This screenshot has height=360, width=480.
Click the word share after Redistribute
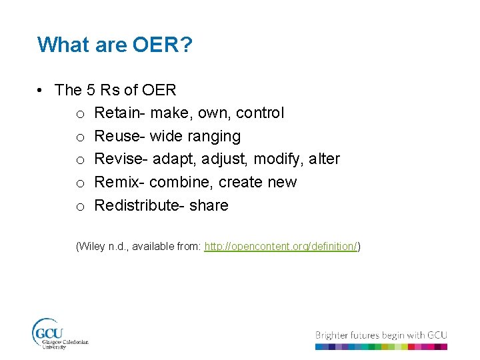209,205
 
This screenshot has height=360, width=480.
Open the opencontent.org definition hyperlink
281,247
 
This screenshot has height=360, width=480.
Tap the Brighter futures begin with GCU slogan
381,335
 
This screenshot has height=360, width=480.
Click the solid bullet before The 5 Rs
41,90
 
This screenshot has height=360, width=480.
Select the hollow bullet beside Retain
79,114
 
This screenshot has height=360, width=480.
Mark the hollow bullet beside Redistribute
79,207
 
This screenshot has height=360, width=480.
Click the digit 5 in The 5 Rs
91,89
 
